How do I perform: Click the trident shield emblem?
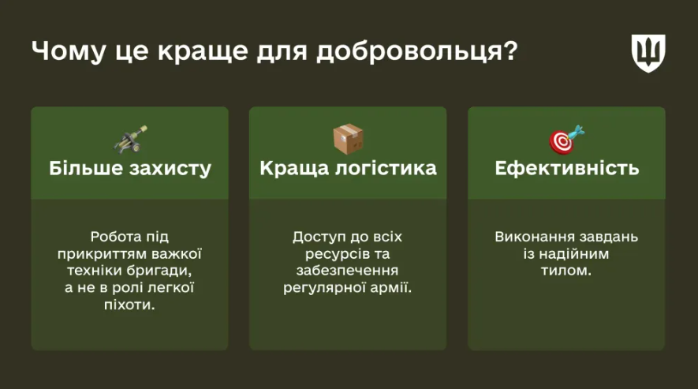click(648, 53)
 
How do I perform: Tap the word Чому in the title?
click(69, 52)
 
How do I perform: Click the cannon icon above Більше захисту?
click(130, 140)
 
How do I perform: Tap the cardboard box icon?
click(348, 139)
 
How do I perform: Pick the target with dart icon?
click(566, 140)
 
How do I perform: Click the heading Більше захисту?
click(130, 168)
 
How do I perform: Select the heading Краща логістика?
click(348, 168)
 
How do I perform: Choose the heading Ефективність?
click(566, 168)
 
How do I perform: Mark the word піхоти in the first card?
click(129, 305)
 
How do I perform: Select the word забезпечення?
click(347, 271)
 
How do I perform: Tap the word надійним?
click(574, 254)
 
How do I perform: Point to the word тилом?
click(566, 271)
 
